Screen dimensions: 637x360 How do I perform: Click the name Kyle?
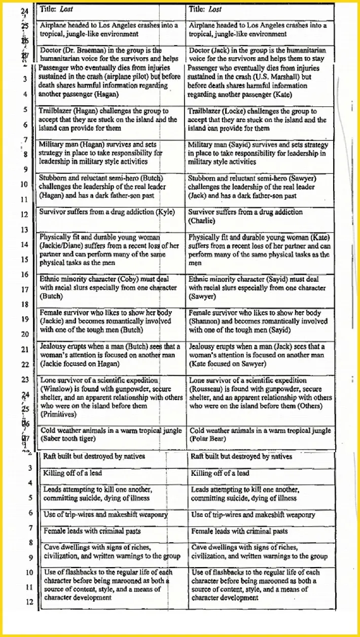click(165, 212)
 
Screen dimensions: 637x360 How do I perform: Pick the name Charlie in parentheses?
click(201, 221)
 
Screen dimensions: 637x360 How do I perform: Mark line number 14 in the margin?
click(24, 244)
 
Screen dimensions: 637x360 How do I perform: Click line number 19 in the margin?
click(24, 319)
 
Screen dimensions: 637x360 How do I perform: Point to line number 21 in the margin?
click(24, 350)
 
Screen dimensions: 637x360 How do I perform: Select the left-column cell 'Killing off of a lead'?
click(73, 473)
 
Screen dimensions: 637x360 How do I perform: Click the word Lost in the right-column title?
click(215, 9)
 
